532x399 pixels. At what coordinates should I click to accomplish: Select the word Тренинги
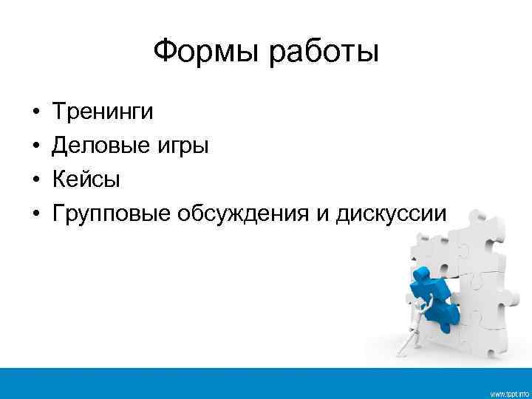[103, 112]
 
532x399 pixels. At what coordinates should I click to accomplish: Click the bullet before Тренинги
[35, 113]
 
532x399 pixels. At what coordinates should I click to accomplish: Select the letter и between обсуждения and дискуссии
[324, 215]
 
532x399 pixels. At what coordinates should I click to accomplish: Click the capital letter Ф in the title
[164, 52]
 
